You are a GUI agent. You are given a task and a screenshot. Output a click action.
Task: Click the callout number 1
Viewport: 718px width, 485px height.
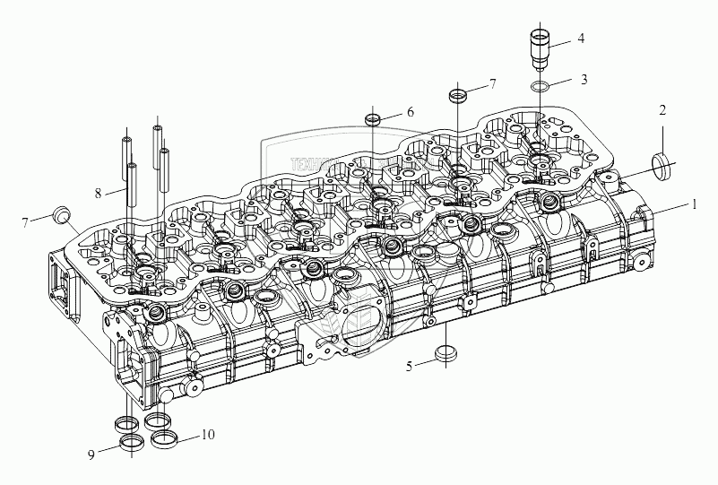point(693,204)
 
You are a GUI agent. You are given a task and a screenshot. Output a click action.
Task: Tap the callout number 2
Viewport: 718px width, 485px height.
point(662,111)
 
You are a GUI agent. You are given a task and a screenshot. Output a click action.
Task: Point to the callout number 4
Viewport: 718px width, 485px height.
point(581,39)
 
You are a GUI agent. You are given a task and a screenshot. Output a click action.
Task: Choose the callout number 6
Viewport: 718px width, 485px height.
point(410,112)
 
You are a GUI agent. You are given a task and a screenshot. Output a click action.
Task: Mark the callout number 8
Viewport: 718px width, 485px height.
point(98,192)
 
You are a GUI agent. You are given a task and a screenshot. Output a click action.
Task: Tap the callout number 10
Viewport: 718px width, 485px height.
point(208,436)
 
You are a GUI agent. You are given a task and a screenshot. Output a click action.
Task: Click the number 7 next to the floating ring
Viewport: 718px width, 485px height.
point(491,84)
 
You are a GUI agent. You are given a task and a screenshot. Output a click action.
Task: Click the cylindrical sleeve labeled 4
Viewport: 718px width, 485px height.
point(541,48)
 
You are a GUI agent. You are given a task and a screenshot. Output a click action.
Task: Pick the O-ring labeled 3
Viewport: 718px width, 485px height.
point(541,87)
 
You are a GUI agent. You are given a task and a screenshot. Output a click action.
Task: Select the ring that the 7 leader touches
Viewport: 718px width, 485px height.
point(457,95)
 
